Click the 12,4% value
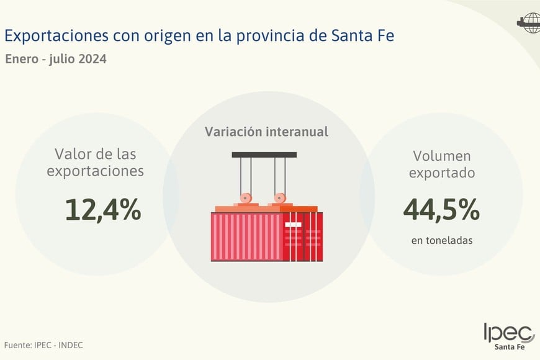103,210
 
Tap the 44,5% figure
441,210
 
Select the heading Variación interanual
267,132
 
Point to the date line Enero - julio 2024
55,60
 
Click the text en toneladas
441,240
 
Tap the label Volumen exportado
441,164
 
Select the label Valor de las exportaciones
95,162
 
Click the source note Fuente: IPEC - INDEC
43,345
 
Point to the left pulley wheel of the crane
247,199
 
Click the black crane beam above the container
264,155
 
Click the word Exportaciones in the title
56,35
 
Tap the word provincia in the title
272,35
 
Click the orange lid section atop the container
299,209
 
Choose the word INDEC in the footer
70,345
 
